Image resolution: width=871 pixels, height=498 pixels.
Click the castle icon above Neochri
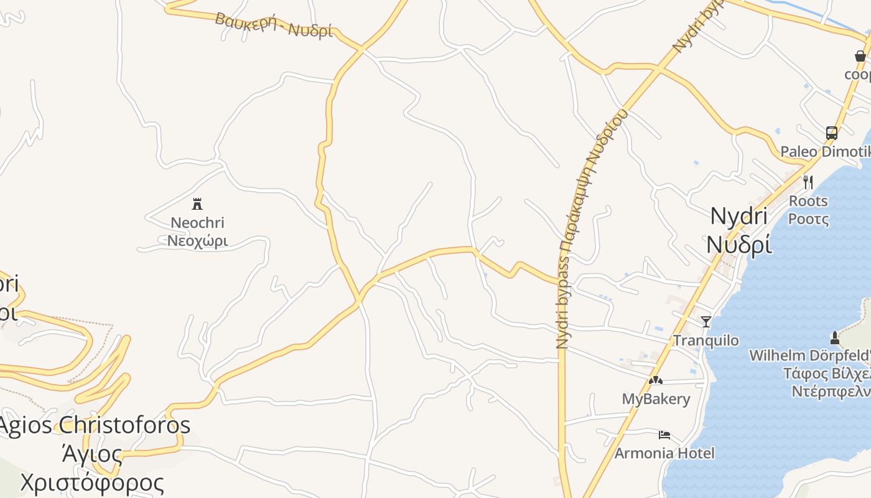197,204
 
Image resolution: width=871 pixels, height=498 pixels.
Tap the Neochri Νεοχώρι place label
197,232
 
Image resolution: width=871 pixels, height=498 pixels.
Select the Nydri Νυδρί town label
739,230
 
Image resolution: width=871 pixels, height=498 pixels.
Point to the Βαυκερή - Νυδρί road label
274,25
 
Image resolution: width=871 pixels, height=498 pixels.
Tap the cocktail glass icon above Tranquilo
706,321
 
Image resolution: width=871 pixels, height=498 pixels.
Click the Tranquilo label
706,341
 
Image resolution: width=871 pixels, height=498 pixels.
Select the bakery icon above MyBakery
655,380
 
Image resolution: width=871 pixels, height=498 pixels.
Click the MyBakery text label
656,399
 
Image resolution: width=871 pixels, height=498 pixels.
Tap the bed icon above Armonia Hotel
664,435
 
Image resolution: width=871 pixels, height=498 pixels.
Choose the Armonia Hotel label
664,453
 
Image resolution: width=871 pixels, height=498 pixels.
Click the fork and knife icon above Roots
808,182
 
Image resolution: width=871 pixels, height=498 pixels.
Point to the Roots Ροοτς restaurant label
808,210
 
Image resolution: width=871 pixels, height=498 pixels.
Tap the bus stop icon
831,133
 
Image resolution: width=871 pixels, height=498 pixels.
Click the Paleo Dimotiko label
825,152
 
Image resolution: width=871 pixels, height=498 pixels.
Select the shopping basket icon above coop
860,56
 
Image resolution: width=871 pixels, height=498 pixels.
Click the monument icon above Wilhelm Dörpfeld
834,337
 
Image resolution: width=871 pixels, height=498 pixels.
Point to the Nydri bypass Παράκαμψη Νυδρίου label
582,230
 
